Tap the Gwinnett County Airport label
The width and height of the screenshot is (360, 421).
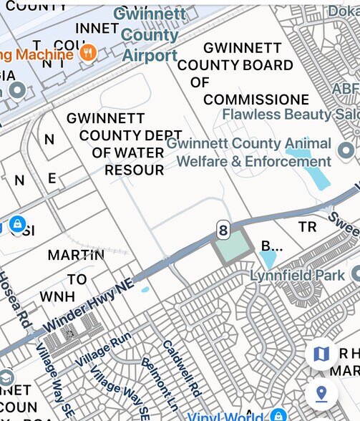150,34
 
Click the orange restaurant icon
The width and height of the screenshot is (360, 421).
89,52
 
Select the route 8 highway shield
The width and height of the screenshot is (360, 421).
224,230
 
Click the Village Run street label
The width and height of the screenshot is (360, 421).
104,349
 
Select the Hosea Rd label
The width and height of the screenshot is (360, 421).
13,296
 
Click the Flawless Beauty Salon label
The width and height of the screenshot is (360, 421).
291,115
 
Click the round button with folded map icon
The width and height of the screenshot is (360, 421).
321,354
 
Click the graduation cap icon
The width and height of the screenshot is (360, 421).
6,377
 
